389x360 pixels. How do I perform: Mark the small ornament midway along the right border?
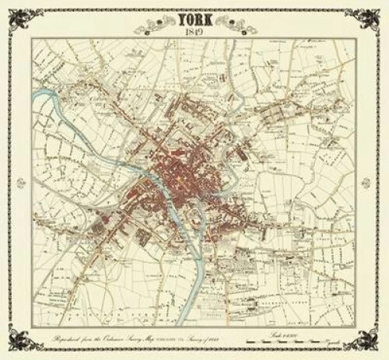click(x=380, y=180)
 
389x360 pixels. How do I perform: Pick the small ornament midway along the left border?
click(x=9, y=180)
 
